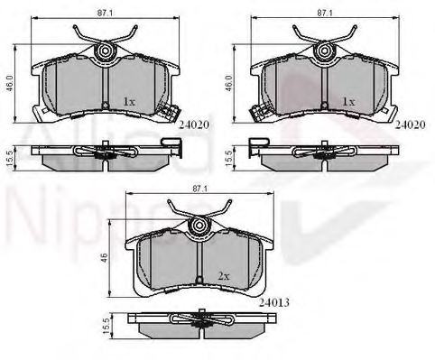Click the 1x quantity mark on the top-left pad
[129, 102]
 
